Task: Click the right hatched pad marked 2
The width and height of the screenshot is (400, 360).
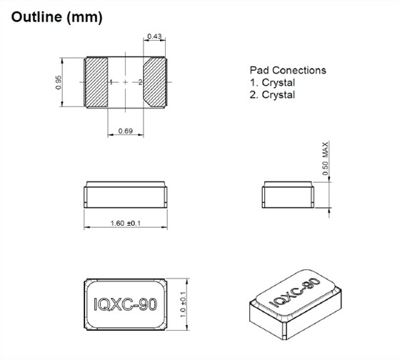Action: pos(154,82)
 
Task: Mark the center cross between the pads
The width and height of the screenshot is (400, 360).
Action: pos(126,83)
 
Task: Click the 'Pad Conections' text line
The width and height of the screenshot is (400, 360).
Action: pos(288,70)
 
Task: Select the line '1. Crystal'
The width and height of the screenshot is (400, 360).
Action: pos(272,82)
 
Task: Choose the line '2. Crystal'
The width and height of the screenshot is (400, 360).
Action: pos(272,94)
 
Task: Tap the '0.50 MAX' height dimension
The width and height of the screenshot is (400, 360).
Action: pos(325,159)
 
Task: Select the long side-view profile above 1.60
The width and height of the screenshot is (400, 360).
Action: pos(126,193)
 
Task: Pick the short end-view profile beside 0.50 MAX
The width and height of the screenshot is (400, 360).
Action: pos(286,193)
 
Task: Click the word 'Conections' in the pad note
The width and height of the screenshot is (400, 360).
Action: pos(301,70)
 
